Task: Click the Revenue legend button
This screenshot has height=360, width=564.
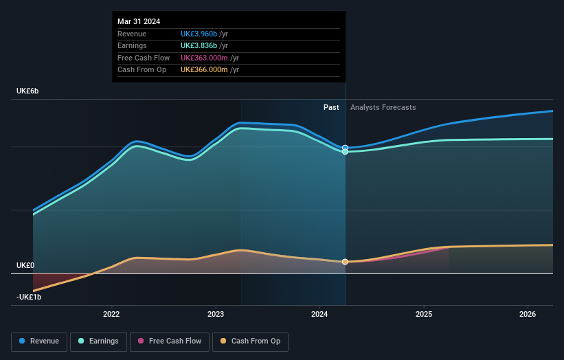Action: (x=40, y=341)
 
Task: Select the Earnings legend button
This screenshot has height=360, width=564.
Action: (x=98, y=341)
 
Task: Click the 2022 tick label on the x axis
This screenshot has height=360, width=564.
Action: (x=111, y=315)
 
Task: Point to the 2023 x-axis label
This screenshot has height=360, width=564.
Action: (x=216, y=315)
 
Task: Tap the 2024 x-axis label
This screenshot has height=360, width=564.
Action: (x=320, y=315)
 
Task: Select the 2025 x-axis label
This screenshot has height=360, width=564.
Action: (x=424, y=315)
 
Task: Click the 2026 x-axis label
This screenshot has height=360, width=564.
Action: (x=528, y=315)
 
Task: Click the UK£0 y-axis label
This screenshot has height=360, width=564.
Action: (x=26, y=265)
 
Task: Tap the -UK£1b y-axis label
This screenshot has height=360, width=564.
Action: (x=29, y=297)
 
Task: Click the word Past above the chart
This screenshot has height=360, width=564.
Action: (x=331, y=107)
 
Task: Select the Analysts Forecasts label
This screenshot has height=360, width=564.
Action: (x=383, y=107)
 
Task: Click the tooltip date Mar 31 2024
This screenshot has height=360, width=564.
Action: (x=139, y=21)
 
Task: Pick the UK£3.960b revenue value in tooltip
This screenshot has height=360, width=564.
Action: (x=199, y=34)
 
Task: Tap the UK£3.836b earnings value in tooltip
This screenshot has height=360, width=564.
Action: (x=199, y=45)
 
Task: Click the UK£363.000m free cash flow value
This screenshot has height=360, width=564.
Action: (x=204, y=58)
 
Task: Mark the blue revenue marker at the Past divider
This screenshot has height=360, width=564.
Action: (x=345, y=148)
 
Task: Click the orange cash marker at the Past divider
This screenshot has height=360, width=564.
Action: (x=345, y=262)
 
